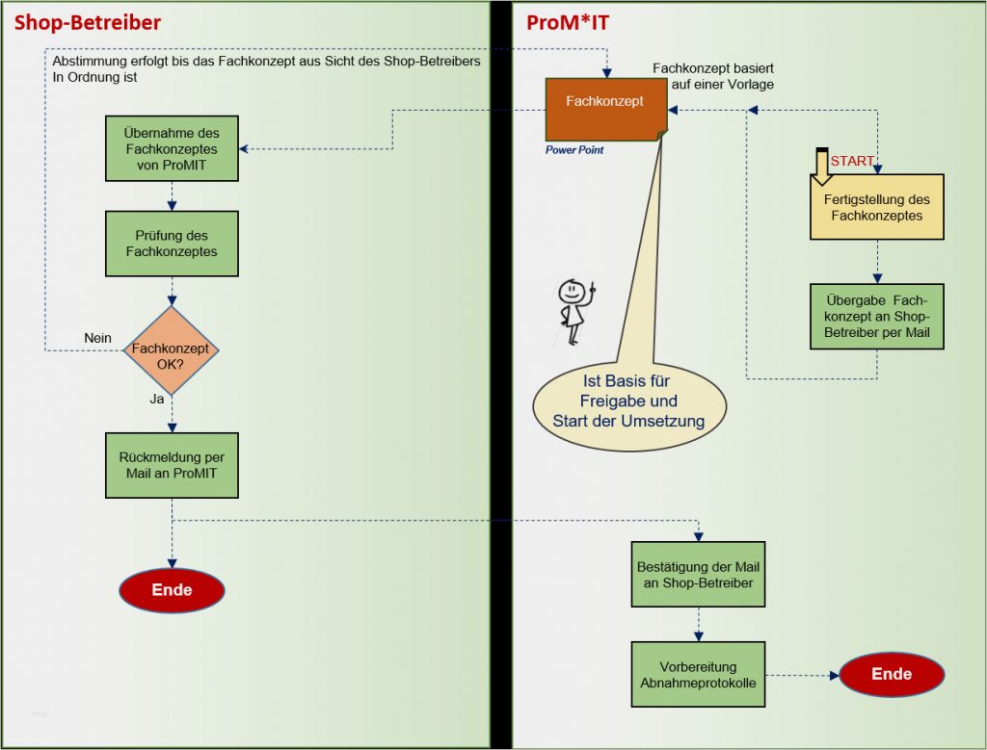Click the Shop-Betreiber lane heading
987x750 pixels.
(87, 22)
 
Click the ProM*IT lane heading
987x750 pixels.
(568, 22)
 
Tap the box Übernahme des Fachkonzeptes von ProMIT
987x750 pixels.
(172, 148)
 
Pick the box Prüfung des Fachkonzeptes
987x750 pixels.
(172, 244)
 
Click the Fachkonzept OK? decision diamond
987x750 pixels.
(171, 350)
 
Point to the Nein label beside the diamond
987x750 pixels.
(97, 338)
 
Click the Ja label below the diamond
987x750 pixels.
(156, 398)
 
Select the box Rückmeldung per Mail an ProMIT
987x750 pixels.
(172, 465)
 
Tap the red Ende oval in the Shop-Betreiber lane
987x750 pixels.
(172, 590)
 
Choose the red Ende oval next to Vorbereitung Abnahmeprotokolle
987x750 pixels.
(892, 674)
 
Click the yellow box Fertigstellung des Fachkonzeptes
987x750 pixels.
(876, 207)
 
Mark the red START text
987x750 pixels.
(852, 161)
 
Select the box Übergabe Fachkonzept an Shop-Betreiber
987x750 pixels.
(876, 316)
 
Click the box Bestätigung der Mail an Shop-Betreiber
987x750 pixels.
(698, 574)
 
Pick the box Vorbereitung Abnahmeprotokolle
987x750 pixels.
(698, 674)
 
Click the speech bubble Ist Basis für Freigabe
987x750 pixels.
(628, 400)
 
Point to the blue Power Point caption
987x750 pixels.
(574, 150)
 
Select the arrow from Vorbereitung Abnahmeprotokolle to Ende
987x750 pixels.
(800, 675)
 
